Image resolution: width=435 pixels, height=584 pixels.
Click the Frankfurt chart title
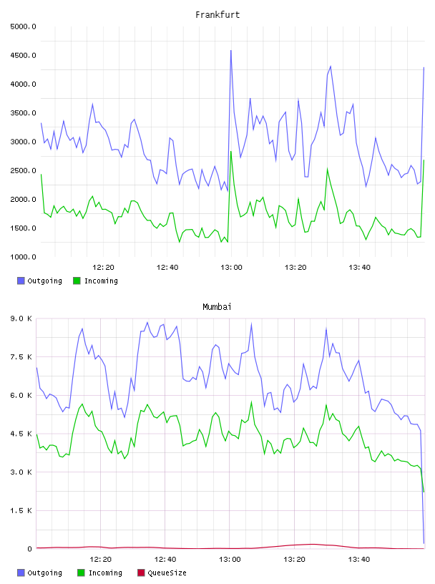click(217, 14)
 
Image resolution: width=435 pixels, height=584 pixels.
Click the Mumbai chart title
click(217, 306)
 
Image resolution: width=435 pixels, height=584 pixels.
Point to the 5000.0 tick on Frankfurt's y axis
click(23, 26)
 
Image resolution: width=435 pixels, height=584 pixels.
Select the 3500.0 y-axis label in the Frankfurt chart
click(23, 113)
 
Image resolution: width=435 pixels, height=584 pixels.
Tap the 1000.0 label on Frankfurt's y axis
click(23, 257)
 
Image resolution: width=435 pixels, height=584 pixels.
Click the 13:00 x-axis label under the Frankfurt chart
click(231, 267)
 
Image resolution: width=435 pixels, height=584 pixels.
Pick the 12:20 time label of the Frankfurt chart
click(103, 267)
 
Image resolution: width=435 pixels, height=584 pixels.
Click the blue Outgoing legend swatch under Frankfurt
click(21, 281)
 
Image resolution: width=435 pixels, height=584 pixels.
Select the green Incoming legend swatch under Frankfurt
click(77, 281)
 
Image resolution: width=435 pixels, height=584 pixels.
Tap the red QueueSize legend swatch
click(141, 573)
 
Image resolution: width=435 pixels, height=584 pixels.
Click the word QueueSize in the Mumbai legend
click(167, 573)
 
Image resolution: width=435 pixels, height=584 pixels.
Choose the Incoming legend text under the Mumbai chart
click(105, 573)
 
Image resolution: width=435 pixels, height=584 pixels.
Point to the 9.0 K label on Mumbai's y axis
click(21, 318)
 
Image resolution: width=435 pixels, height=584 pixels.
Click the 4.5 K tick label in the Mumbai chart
click(21, 434)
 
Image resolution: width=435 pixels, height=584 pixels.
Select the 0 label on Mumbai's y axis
click(29, 549)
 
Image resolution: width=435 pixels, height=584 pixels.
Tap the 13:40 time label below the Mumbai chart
click(359, 559)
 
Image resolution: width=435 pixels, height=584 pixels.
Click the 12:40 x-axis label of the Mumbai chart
click(165, 559)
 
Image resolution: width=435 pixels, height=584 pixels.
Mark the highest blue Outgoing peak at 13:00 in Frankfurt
click(231, 50)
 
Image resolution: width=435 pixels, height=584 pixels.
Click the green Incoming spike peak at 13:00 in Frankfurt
click(231, 152)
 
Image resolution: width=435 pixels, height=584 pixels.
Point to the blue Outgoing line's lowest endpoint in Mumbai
click(424, 543)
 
